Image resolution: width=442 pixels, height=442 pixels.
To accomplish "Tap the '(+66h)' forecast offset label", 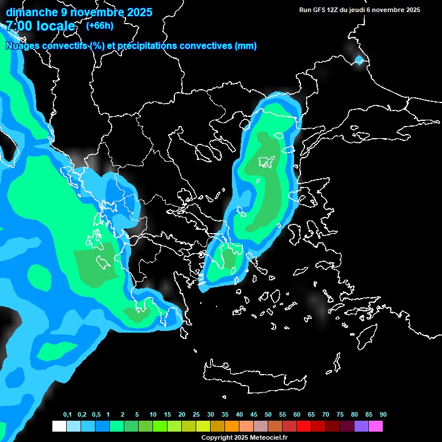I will point(100,25).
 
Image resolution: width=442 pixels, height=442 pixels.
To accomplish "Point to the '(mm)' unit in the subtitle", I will point(246,46).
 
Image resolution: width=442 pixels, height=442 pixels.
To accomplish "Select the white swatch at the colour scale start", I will point(59,426).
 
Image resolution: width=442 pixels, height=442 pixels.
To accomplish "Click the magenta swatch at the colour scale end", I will point(376,426).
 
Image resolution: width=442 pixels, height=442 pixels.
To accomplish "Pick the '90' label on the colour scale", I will point(383,415).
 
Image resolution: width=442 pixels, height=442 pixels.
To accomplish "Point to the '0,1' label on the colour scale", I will point(67,415).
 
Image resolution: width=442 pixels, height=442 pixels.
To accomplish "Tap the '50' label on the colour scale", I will point(268,415).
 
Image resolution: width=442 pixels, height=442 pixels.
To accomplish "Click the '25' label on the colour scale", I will point(196,415).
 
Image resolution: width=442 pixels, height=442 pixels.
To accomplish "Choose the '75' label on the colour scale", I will point(340,415).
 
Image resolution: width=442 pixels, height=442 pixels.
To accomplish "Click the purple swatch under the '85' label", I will point(361,426).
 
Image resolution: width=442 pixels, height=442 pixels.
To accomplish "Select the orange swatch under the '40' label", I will point(232,426).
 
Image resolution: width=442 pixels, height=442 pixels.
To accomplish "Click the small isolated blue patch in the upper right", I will point(360,59).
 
